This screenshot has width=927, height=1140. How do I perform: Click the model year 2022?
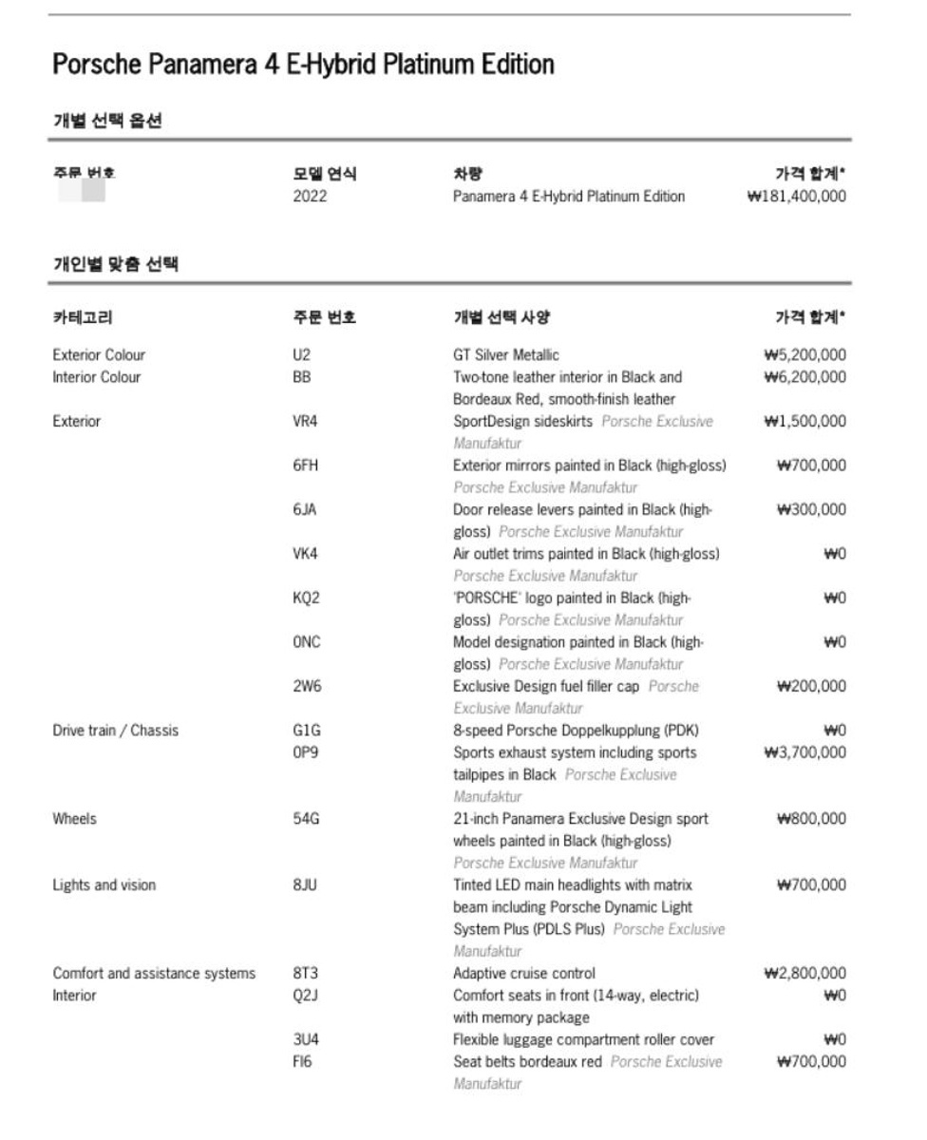310,197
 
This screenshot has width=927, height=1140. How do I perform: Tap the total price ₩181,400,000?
796,197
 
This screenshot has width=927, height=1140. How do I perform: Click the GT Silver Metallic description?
506,355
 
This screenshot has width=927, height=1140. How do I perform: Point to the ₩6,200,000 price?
804,377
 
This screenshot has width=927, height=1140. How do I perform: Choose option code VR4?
306,421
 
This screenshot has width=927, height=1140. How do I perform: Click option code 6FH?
306,465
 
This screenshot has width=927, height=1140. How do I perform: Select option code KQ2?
306,598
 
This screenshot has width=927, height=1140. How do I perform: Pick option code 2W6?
307,686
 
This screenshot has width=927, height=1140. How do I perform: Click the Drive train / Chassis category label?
116,731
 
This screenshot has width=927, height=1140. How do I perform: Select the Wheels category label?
74,819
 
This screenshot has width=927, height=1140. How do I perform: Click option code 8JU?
306,885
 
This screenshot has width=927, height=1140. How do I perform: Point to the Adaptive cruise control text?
524,973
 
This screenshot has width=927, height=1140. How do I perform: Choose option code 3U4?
306,1039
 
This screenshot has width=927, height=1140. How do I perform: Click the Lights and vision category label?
104,885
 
